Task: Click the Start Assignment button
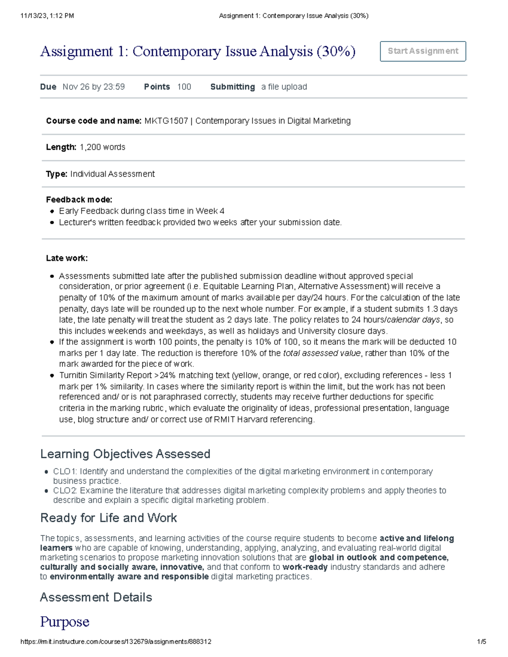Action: (x=422, y=51)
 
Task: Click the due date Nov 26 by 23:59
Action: (x=94, y=87)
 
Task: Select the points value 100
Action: (x=184, y=87)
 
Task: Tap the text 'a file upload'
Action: (x=284, y=87)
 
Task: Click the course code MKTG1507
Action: (x=166, y=121)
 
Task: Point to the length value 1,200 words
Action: (x=102, y=147)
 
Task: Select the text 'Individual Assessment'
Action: (x=112, y=174)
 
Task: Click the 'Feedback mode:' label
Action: (x=79, y=200)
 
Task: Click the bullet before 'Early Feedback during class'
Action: (x=52, y=211)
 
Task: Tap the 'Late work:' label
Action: (x=67, y=258)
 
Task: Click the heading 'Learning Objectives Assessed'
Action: (x=125, y=454)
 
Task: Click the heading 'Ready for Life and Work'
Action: (x=108, y=518)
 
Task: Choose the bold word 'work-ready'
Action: (x=305, y=567)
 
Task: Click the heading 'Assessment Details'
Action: (x=96, y=597)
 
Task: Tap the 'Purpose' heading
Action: (x=64, y=622)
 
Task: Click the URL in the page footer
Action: (x=116, y=642)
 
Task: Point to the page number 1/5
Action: (x=481, y=642)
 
